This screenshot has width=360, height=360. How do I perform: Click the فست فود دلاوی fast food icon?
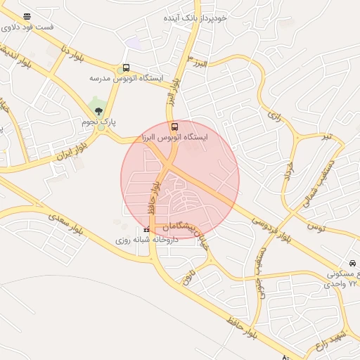pyautogui.click(x=27, y=16)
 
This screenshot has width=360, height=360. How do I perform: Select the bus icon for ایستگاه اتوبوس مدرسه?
pyautogui.click(x=126, y=68)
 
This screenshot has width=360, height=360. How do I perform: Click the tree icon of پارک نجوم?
pyautogui.click(x=98, y=110)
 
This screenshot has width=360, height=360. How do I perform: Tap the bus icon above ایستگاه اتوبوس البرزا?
pyautogui.click(x=175, y=127)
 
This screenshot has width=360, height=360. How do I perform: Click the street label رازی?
pyautogui.click(x=274, y=116)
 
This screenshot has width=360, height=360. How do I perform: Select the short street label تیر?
pyautogui.click(x=326, y=135)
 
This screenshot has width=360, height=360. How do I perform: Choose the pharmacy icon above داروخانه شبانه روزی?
pyautogui.click(x=146, y=230)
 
